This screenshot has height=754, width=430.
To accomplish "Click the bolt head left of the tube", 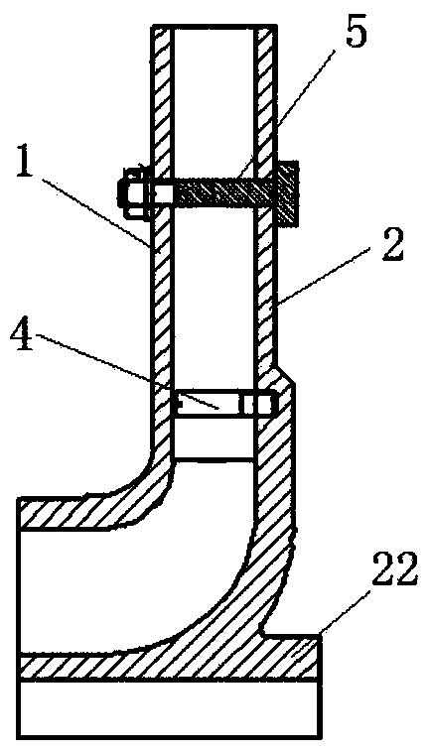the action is pyautogui.click(x=134, y=192).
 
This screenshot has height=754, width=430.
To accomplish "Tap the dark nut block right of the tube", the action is pyautogui.click(x=287, y=192).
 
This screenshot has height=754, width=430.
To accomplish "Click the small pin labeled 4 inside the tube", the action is pyautogui.click(x=222, y=404).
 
